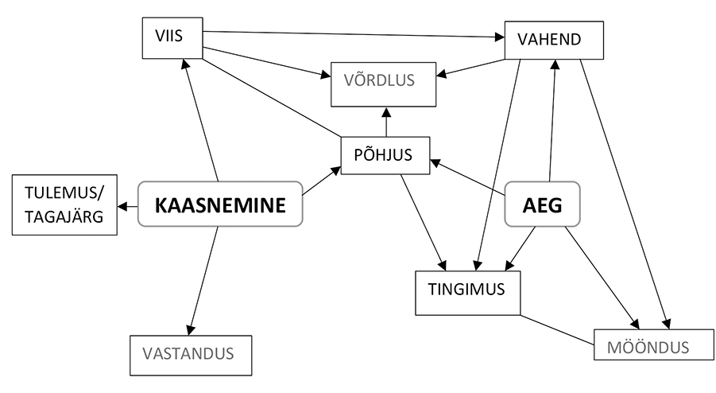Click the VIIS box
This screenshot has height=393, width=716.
(171, 37)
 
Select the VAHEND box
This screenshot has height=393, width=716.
(554, 39)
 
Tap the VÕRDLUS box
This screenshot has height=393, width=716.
(385, 84)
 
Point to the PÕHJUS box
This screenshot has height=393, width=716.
(385, 155)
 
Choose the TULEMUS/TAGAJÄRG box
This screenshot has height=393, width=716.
(64, 206)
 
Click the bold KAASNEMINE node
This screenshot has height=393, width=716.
(220, 205)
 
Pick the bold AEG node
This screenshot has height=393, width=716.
(543, 205)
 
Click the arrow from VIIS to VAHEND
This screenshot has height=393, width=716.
(354, 33)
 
